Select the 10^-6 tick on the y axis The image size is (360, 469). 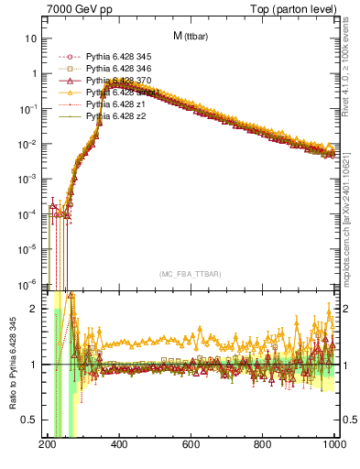point(27,283)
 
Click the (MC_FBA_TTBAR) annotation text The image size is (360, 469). point(191,275)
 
